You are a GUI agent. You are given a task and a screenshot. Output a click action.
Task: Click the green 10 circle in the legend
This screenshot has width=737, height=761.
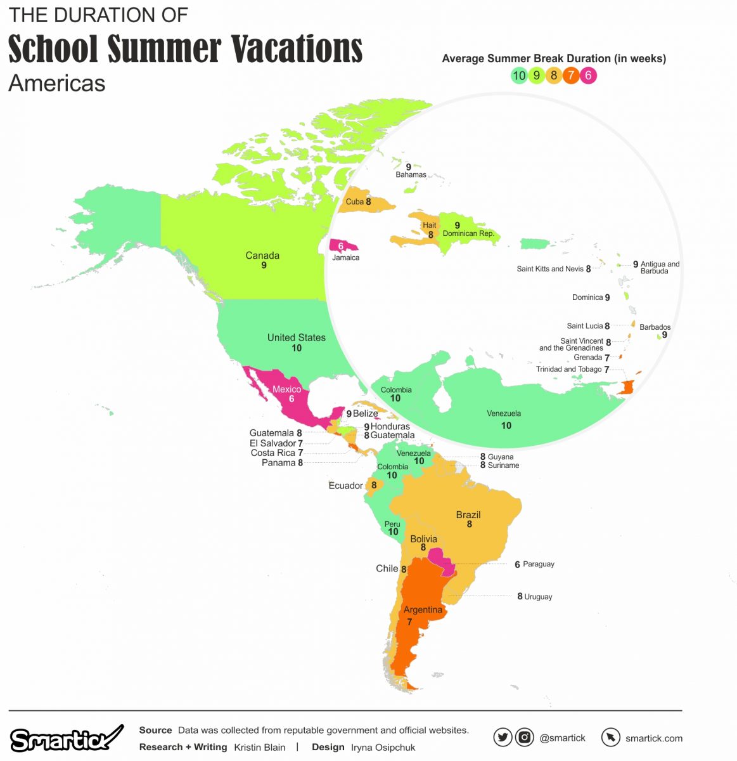click(x=519, y=75)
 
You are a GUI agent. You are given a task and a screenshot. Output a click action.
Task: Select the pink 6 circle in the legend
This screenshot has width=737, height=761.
click(x=588, y=75)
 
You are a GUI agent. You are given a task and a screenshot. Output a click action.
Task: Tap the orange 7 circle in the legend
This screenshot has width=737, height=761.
click(x=571, y=75)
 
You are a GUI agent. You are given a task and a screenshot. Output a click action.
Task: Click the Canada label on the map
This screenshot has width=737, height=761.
click(x=262, y=256)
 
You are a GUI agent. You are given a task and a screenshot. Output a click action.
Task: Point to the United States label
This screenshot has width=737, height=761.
click(x=296, y=337)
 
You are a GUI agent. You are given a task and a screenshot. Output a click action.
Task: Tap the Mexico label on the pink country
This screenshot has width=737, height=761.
click(x=286, y=389)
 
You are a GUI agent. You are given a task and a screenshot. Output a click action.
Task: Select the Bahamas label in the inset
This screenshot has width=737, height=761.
click(x=411, y=174)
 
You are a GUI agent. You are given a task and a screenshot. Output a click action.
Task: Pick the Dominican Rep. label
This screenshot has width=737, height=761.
click(x=468, y=233)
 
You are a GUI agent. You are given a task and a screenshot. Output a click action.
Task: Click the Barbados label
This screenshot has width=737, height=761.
click(x=655, y=327)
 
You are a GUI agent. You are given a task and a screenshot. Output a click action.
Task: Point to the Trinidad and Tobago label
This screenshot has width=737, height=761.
click(x=568, y=369)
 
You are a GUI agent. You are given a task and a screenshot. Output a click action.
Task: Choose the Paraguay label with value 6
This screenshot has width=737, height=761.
click(x=538, y=564)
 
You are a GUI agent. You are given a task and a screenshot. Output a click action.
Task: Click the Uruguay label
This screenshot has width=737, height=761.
click(x=538, y=597)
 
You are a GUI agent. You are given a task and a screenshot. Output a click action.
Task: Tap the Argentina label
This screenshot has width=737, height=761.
click(x=423, y=610)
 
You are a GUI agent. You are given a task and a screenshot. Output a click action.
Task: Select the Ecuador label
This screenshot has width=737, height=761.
click(x=345, y=486)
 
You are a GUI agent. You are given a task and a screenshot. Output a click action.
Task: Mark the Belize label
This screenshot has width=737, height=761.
click(x=365, y=413)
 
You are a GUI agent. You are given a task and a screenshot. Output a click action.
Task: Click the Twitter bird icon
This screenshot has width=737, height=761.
click(x=503, y=738)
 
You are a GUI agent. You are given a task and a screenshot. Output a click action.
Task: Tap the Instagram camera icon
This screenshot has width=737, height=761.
click(x=524, y=738)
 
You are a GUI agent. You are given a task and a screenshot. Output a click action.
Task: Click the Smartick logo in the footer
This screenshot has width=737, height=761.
click(x=66, y=739)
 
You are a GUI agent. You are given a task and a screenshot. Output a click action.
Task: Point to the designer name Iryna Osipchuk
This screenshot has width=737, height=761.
click(x=383, y=747)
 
